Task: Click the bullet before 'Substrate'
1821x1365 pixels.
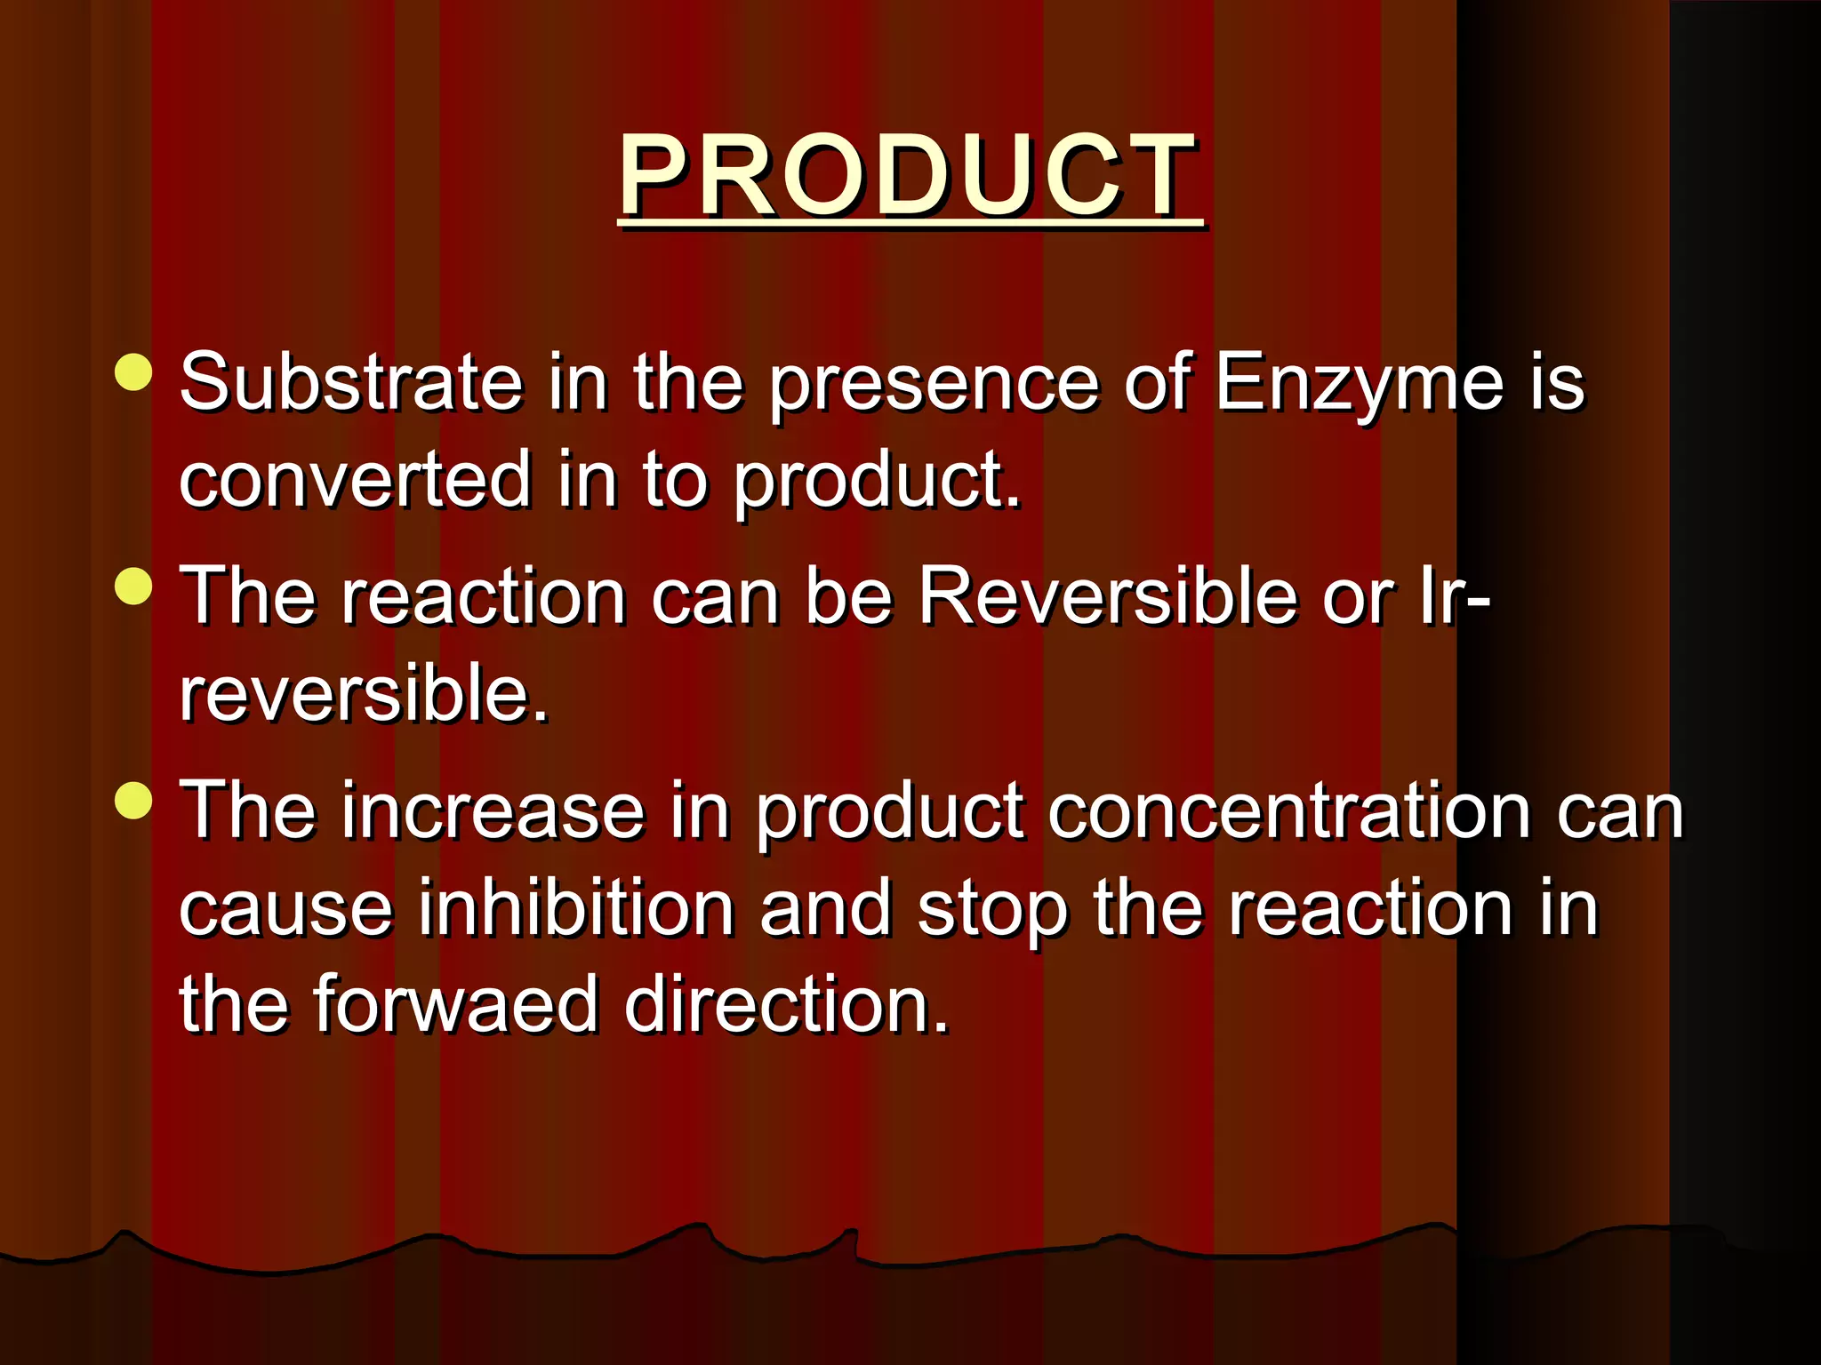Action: coord(134,373)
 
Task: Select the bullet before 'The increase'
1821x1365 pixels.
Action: coord(134,800)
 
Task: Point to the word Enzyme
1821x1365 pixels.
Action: coord(1359,384)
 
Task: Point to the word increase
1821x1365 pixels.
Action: coord(493,810)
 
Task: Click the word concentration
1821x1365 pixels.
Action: coord(1289,810)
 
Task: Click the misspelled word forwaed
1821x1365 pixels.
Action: coord(455,1004)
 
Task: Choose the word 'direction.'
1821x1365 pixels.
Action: coord(787,1004)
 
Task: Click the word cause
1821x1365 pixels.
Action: coord(285,908)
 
